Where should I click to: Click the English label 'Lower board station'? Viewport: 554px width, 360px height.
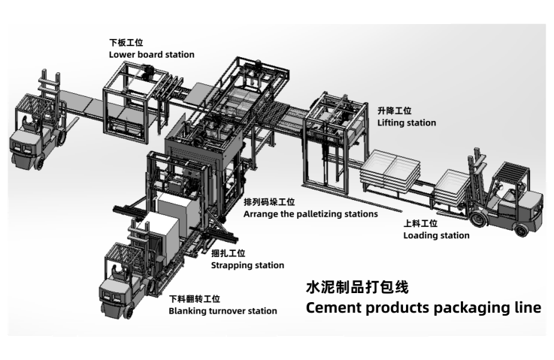coord(152,54)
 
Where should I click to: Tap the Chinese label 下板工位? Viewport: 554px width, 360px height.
coord(125,44)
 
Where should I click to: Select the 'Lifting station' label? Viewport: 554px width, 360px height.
coord(406,122)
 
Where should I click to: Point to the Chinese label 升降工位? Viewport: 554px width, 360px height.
coord(392,110)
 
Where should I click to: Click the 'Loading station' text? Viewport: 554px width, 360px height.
coord(436,235)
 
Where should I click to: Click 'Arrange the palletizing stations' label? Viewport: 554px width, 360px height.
coord(310,213)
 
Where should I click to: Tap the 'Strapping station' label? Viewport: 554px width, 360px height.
coord(247,265)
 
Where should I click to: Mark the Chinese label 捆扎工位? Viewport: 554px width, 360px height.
coord(228,254)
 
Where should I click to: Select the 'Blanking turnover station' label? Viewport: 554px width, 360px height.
coord(223,310)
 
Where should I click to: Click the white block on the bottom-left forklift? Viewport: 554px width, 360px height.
coord(166,232)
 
